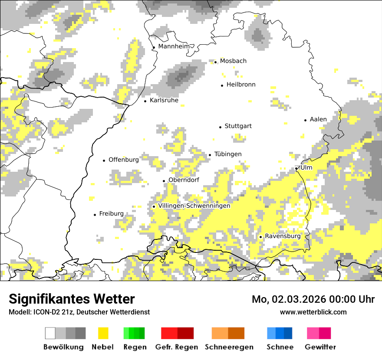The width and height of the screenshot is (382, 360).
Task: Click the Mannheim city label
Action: (x=174, y=46)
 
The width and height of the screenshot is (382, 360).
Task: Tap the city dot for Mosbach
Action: (x=215, y=62)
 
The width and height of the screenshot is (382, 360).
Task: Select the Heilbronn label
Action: (x=241, y=85)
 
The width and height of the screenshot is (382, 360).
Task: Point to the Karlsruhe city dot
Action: (x=145, y=101)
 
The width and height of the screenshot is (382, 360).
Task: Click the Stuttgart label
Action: (x=238, y=126)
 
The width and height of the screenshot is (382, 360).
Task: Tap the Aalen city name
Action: (x=318, y=119)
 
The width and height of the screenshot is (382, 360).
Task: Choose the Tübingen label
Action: (x=228, y=154)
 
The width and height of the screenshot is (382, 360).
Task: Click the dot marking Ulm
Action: (x=296, y=168)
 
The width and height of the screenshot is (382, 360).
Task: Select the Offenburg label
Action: (x=124, y=160)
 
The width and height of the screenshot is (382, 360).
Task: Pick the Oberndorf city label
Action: (x=184, y=180)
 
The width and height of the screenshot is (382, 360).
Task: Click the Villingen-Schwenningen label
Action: (x=194, y=206)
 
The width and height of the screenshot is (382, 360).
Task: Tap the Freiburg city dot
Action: (x=95, y=215)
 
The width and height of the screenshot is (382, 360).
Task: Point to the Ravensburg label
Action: (x=283, y=236)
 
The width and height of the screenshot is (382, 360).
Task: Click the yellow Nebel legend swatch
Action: (x=103, y=333)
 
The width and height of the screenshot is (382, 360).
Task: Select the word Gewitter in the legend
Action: (x=320, y=347)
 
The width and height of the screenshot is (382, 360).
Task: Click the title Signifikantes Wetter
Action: (x=72, y=299)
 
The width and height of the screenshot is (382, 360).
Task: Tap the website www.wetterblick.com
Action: (x=313, y=312)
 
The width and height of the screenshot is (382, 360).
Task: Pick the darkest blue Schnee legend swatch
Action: (x=288, y=333)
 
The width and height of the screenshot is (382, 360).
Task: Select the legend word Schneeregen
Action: (x=229, y=347)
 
